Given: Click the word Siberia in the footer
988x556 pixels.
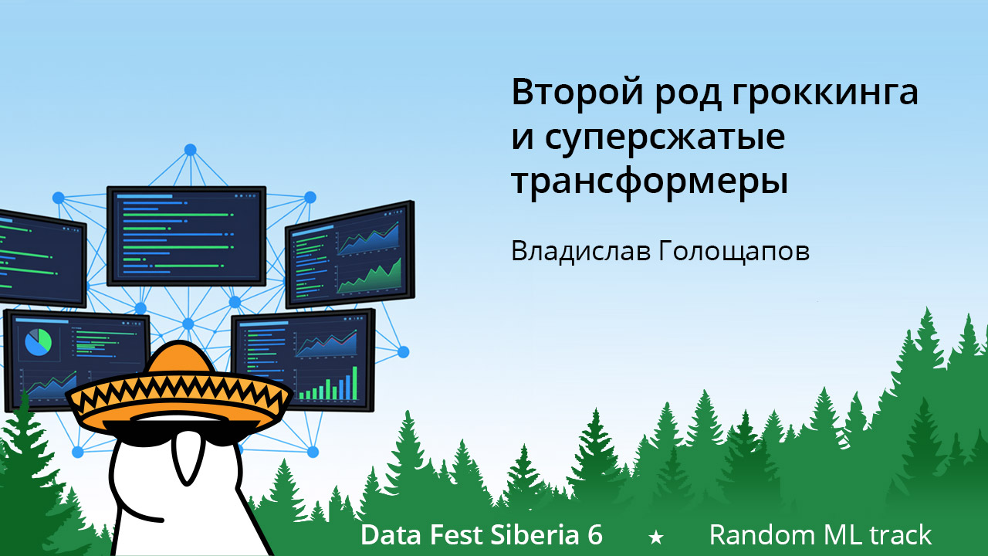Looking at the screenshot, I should tap(526, 534).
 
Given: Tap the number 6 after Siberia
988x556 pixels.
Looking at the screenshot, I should tap(594, 534).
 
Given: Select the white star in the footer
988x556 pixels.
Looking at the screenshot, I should tap(655, 536).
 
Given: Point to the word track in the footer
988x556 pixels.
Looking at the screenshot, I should tap(901, 534).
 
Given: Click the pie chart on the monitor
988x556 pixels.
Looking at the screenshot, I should tap(38, 341).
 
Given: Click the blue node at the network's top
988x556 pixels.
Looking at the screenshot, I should tap(190, 149).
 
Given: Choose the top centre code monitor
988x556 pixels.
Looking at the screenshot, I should tap(186, 235).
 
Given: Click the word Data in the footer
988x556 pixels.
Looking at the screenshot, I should tap(387, 534).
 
